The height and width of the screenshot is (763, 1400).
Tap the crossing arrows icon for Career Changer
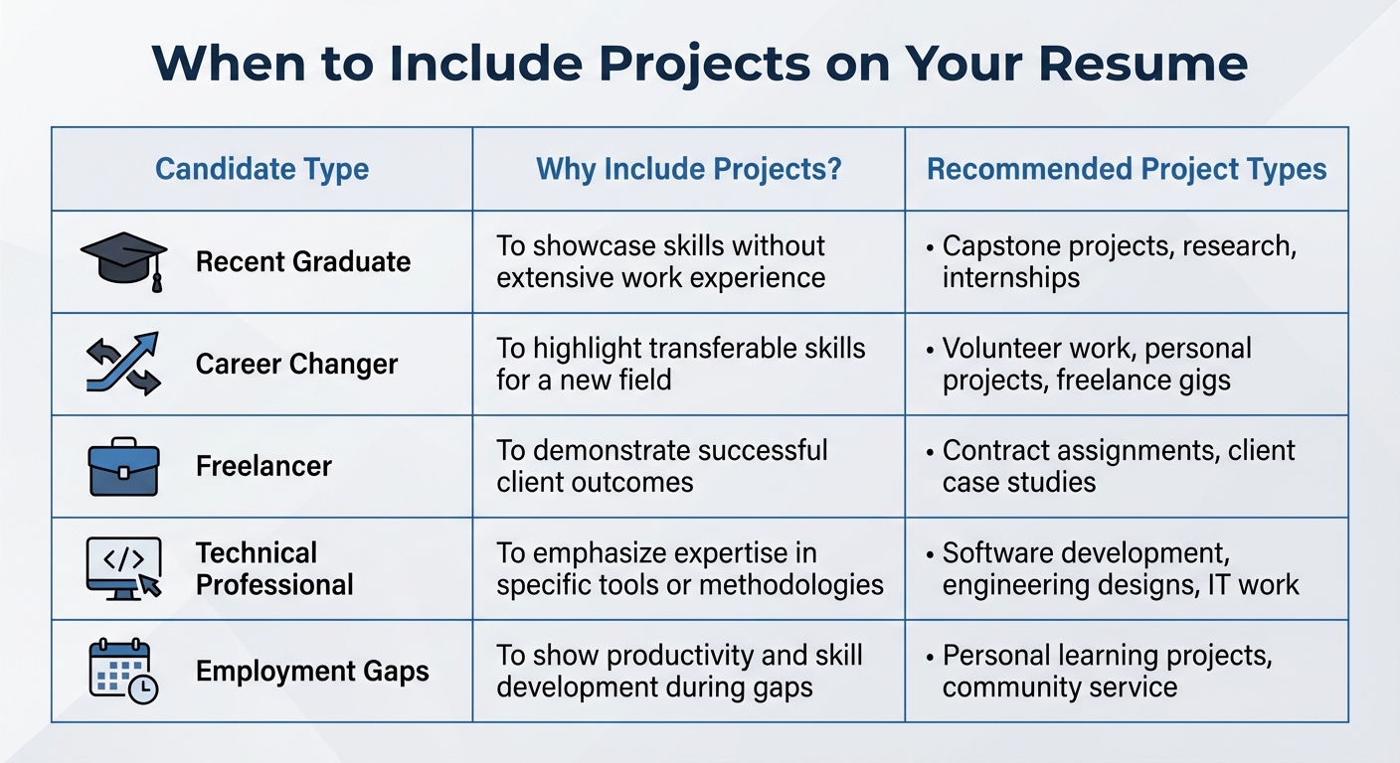tap(123, 364)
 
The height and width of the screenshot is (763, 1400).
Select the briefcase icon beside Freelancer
tap(123, 466)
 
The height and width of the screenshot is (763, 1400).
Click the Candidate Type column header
tap(262, 169)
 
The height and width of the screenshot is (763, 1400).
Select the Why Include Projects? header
tap(688, 169)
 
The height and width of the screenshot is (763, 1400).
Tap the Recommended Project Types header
tap(1127, 169)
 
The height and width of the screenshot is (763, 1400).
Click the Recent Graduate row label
tap(302, 262)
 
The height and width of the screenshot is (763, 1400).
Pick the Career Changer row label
tap(296, 365)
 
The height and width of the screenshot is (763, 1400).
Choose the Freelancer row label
tap(263, 466)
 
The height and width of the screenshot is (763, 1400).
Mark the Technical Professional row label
tap(274, 568)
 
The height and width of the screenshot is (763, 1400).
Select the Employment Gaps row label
tap(312, 671)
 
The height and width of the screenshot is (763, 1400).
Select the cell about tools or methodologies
tap(689, 568)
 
